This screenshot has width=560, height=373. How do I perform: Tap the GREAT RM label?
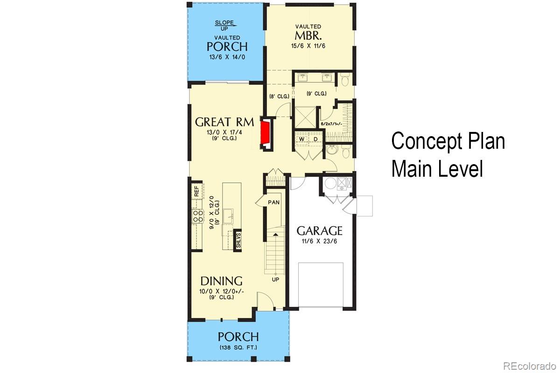coord(224,122)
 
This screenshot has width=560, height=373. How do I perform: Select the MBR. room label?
coord(308,36)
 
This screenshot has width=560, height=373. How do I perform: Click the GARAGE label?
coord(320,231)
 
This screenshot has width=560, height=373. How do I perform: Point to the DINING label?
coord(221,281)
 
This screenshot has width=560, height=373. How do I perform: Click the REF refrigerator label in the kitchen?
coord(196,191)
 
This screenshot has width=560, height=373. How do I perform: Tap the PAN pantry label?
coord(274,202)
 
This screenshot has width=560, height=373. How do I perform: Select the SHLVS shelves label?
coord(238,240)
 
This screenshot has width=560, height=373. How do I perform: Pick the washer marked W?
coord(302,139)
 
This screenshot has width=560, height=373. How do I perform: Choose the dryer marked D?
coord(315,139)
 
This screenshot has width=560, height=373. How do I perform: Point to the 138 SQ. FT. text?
coord(238,348)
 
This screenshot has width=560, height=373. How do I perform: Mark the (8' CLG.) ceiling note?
coord(279,97)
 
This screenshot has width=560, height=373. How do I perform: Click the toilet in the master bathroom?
coord(345,81)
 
